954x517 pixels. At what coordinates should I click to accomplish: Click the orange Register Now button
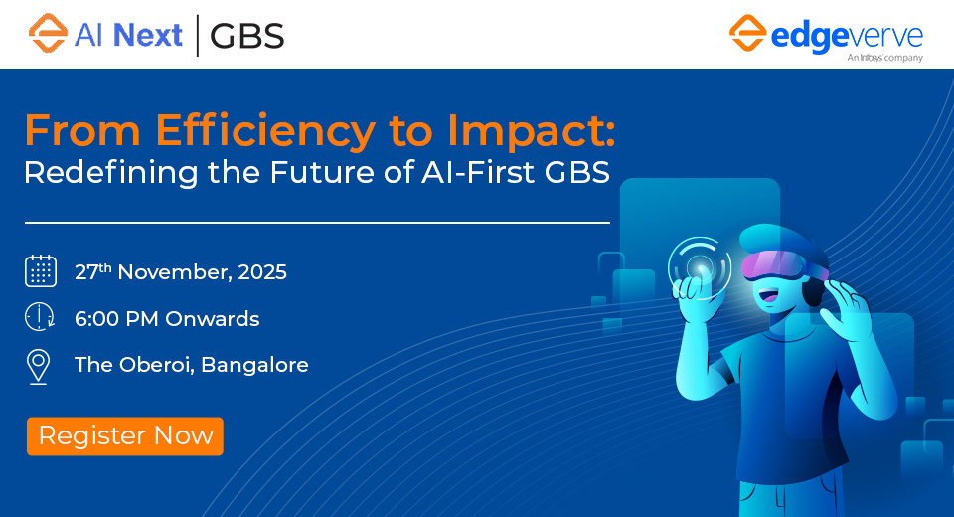click(x=125, y=436)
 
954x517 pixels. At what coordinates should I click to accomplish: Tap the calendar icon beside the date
click(x=41, y=271)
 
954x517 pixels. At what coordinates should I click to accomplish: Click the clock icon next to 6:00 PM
click(x=40, y=317)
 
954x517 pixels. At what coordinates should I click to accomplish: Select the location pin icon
click(x=39, y=367)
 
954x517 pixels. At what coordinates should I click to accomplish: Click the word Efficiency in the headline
click(x=265, y=131)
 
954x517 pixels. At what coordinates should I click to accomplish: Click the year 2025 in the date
click(x=262, y=272)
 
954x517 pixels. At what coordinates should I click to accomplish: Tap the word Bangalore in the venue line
click(x=254, y=365)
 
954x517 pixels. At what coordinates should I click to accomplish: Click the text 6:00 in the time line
click(x=96, y=319)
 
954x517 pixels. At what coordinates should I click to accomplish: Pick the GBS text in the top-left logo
click(x=247, y=36)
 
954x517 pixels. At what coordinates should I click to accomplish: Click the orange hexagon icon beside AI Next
click(x=48, y=34)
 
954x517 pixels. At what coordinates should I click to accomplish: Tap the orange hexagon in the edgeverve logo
click(x=747, y=33)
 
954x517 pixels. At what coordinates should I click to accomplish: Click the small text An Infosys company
click(x=884, y=58)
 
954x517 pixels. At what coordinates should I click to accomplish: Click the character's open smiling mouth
click(x=767, y=296)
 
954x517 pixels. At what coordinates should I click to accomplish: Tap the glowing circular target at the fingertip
click(x=700, y=267)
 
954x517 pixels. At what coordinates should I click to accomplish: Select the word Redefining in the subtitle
click(x=110, y=173)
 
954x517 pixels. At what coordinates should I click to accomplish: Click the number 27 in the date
click(x=86, y=272)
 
